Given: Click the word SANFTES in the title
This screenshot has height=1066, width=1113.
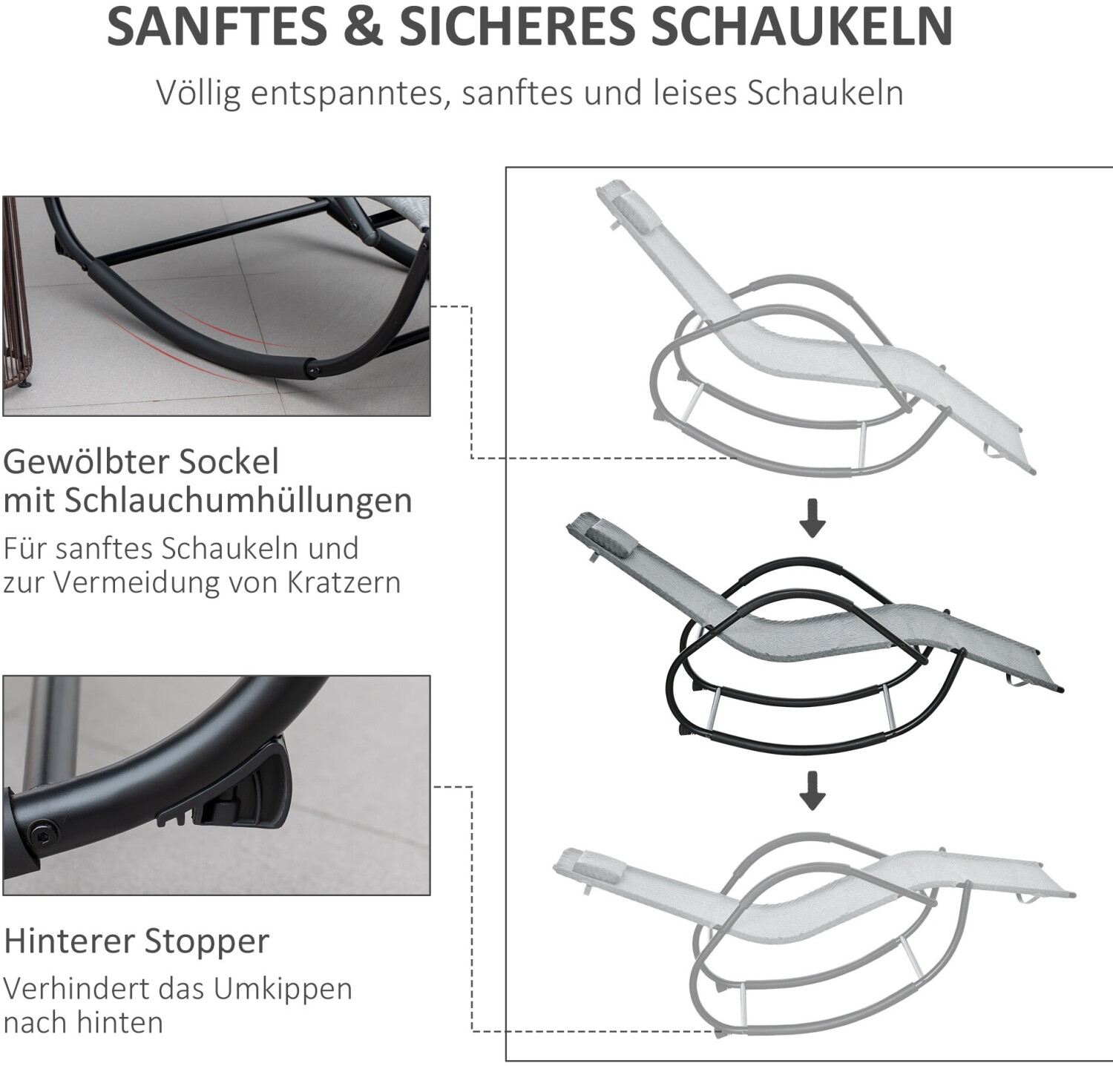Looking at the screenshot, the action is click(217, 27).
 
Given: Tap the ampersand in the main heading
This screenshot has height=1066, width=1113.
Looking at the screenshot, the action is click(362, 27).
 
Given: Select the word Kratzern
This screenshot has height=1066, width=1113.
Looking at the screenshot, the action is click(344, 582).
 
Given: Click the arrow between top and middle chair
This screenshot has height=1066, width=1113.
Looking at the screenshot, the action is click(812, 519).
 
